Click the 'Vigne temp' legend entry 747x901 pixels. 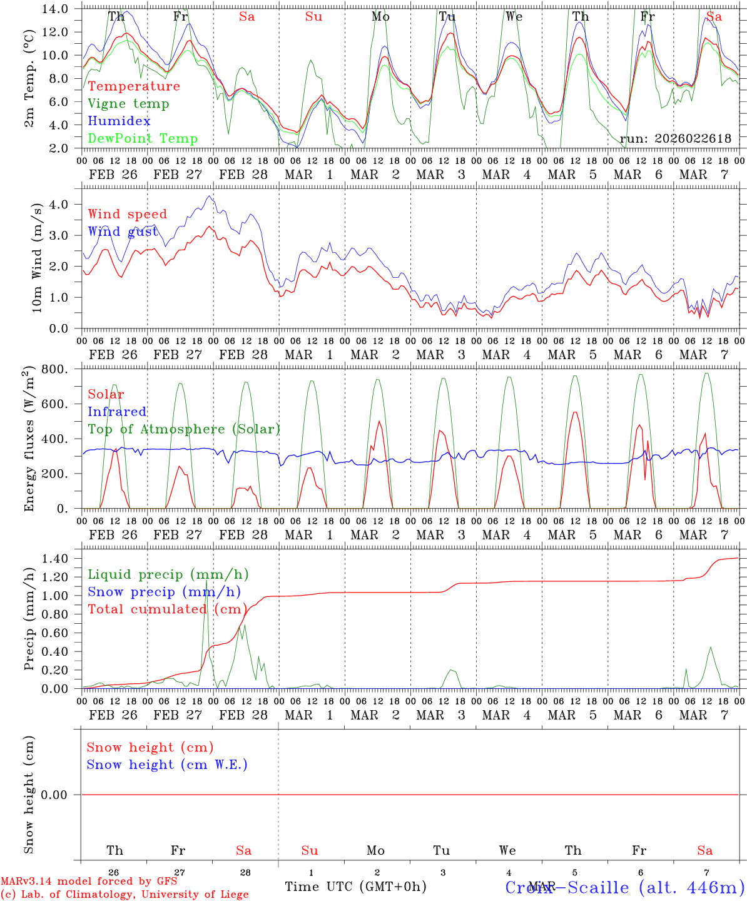coord(128,104)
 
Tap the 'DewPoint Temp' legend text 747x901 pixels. coord(143,138)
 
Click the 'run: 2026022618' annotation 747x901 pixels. coord(676,139)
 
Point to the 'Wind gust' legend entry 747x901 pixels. coord(123,232)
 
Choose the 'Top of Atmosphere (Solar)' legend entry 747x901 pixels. coord(184,429)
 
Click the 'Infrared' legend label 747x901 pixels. coord(117,412)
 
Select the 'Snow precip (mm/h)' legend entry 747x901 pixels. coord(165,592)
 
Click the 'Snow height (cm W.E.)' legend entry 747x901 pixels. coord(167,765)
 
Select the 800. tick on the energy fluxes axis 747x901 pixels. coord(61,369)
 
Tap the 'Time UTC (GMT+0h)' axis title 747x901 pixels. coord(355,887)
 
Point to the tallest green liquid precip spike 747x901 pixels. coord(206,581)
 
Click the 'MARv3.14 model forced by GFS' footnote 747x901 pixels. coord(89,882)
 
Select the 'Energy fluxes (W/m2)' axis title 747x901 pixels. coord(29,440)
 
